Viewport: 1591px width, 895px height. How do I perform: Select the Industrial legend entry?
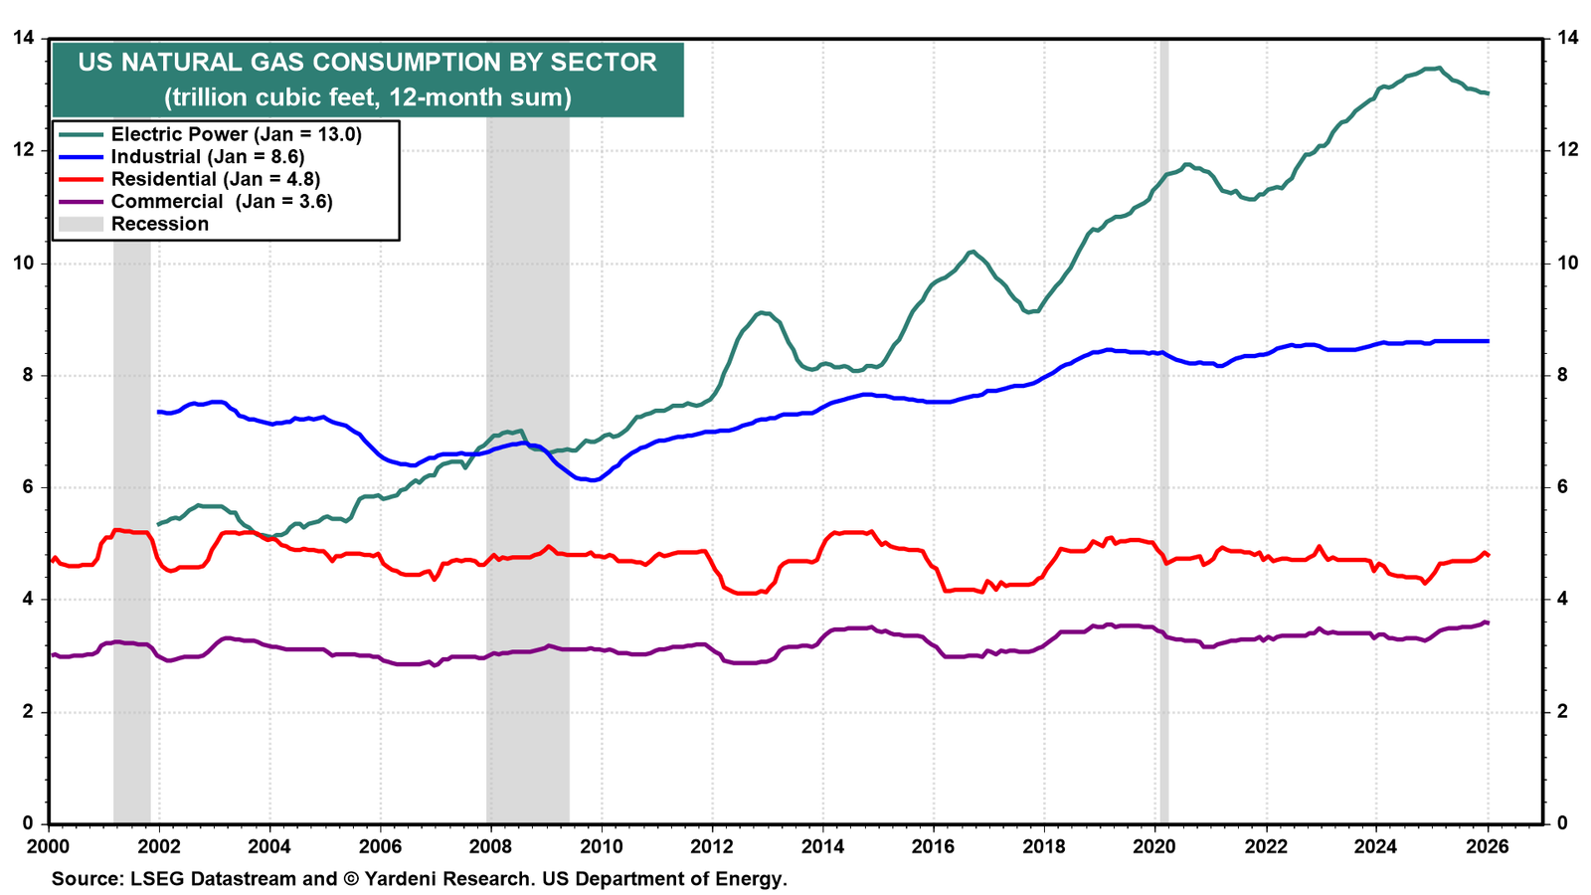click(182, 156)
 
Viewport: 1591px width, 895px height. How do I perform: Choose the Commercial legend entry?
click(196, 202)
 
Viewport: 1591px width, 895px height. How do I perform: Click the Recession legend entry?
click(133, 224)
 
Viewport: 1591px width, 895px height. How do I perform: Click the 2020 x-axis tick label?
click(1154, 846)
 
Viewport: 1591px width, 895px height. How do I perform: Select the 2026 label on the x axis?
click(1488, 846)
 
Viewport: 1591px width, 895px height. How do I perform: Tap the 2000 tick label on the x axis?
click(49, 846)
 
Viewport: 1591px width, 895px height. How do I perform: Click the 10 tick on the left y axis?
click(23, 263)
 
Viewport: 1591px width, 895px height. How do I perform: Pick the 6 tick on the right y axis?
click(1557, 487)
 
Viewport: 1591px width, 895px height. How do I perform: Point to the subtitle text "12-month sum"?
click(479, 97)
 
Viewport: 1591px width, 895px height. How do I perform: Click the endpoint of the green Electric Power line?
click(1488, 93)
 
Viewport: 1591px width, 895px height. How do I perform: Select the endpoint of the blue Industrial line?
click(1488, 341)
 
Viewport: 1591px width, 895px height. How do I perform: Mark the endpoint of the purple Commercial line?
click(1488, 623)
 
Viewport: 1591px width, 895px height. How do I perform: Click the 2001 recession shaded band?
click(131, 533)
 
